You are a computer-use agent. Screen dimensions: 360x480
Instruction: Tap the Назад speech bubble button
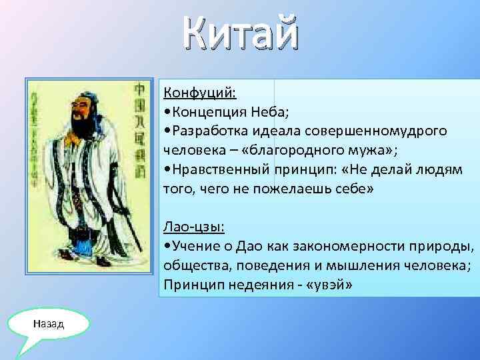(x=50, y=324)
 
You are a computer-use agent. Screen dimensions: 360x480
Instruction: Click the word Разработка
(x=207, y=131)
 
